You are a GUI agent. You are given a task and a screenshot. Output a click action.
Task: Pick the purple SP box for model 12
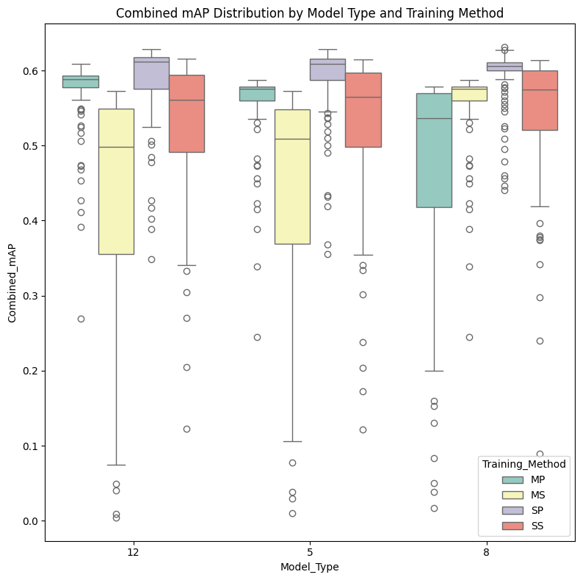tap(151, 73)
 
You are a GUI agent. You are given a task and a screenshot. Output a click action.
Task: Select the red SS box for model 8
tap(540, 100)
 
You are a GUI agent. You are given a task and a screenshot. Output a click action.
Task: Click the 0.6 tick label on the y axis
tap(31, 71)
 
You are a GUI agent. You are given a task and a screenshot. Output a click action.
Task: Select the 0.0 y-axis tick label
tap(31, 521)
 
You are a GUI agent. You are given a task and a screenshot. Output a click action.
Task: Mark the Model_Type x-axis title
tap(309, 567)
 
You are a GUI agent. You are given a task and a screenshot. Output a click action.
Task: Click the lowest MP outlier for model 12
tap(81, 319)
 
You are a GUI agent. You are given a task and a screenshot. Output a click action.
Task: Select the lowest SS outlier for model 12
tap(186, 429)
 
